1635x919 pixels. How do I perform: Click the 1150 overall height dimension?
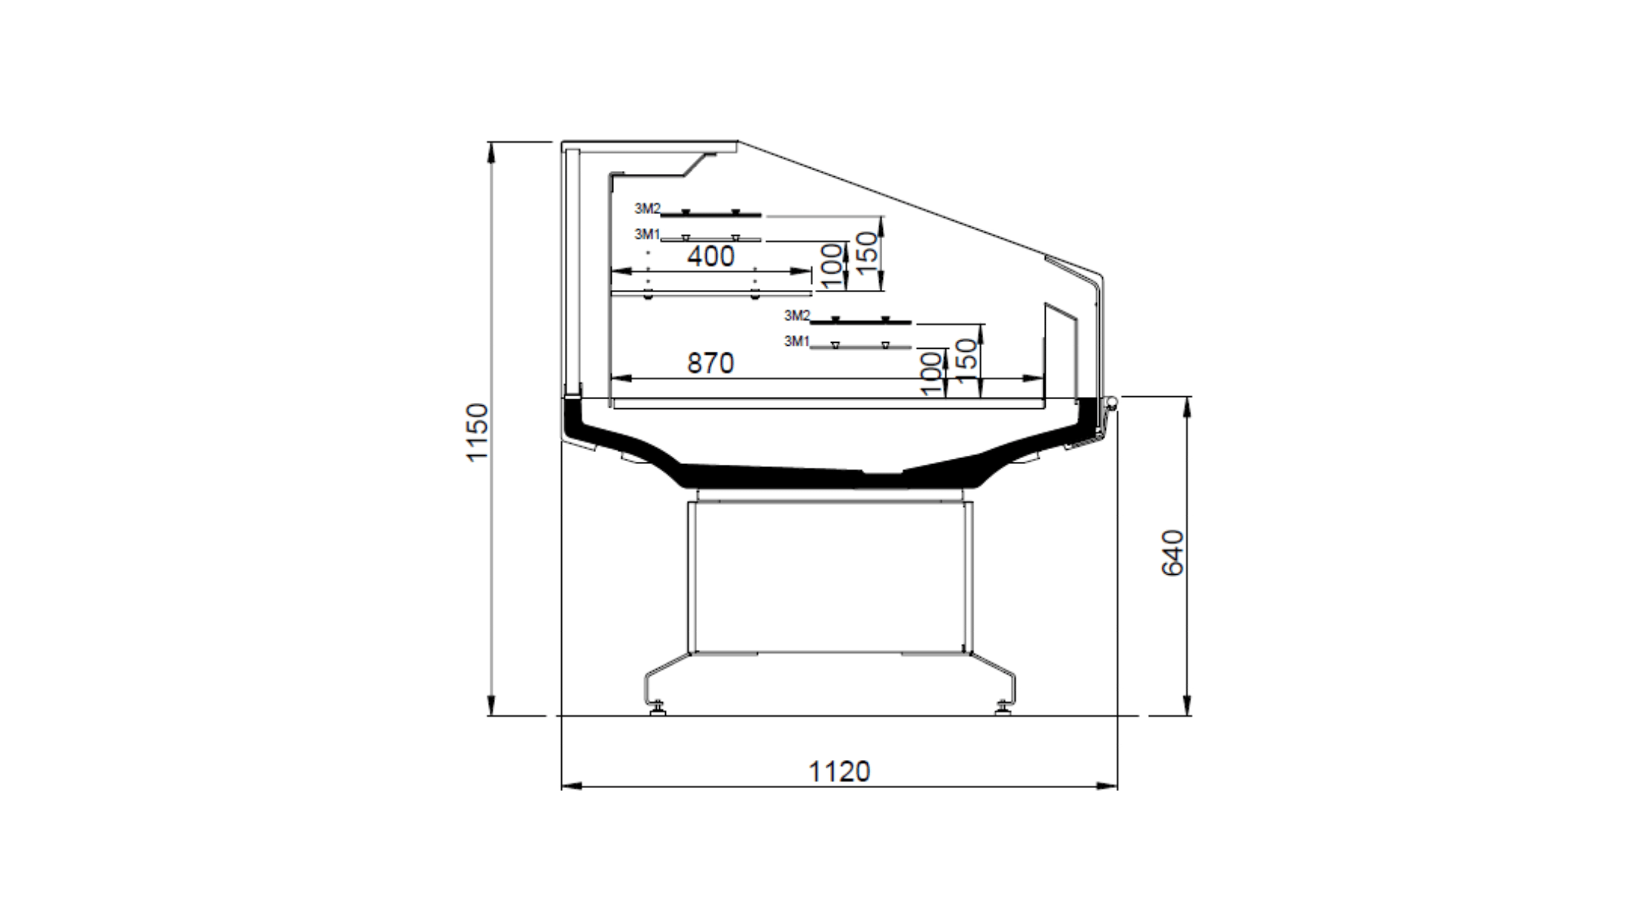[477, 432]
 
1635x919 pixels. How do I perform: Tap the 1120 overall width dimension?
[839, 772]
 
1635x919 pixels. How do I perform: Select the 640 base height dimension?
[1172, 553]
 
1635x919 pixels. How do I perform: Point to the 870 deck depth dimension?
[710, 363]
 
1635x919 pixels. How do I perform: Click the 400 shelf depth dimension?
[711, 257]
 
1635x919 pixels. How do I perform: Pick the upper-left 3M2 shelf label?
[647, 208]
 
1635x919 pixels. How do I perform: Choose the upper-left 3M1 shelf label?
[647, 234]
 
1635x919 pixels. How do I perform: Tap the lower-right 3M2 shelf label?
[797, 315]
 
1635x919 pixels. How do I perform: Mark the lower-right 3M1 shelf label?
[797, 341]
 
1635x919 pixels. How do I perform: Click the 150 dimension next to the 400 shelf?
[867, 251]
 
